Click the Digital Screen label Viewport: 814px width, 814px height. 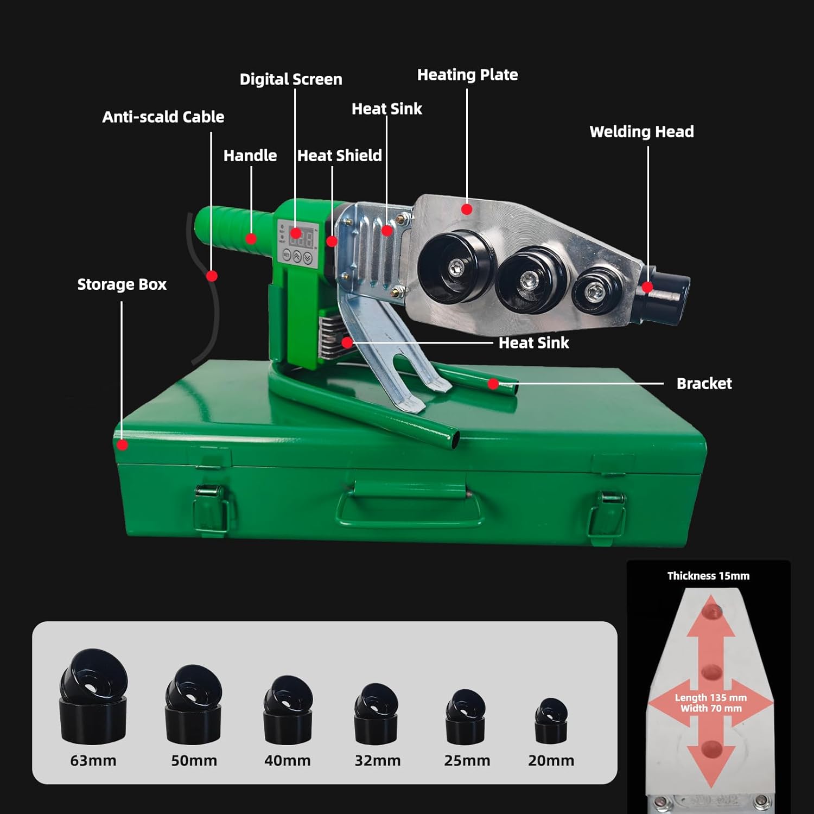[x=291, y=79]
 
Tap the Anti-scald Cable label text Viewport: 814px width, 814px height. [x=163, y=117]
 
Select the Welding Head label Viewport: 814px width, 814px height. [x=641, y=131]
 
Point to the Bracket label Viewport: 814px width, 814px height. [x=704, y=384]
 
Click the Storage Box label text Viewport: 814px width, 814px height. [x=122, y=284]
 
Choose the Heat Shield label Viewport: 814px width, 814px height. [x=339, y=156]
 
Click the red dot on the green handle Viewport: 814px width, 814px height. [x=251, y=238]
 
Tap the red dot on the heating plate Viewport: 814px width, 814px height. [x=467, y=209]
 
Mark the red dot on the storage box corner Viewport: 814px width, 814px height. [x=123, y=445]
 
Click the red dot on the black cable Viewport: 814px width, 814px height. [x=212, y=276]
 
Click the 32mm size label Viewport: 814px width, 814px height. [x=378, y=761]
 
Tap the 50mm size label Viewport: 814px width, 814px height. [x=194, y=761]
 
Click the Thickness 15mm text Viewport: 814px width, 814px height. [x=708, y=576]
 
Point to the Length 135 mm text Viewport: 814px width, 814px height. [x=710, y=698]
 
